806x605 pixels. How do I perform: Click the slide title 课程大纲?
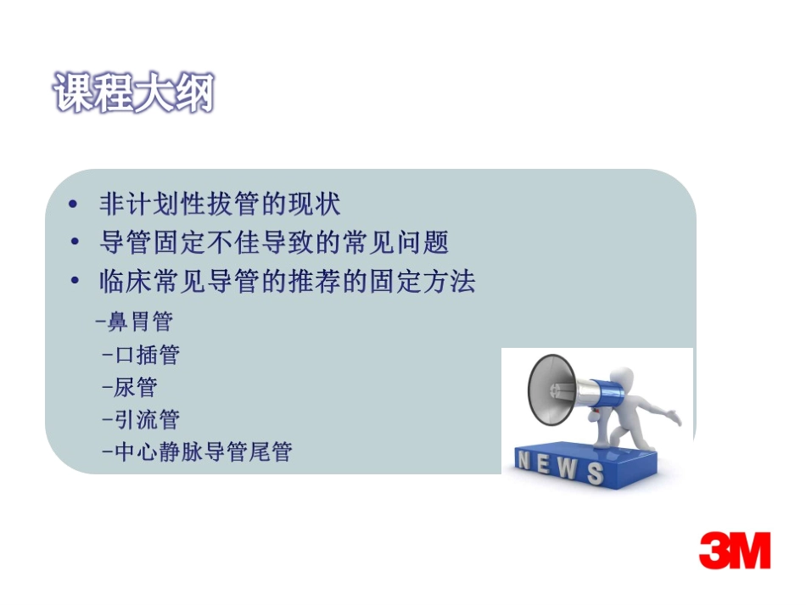point(134,92)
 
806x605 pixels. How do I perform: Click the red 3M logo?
point(735,551)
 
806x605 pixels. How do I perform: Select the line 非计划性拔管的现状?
point(220,204)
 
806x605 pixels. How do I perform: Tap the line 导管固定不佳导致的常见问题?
point(273,243)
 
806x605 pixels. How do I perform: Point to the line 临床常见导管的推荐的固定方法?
point(287,281)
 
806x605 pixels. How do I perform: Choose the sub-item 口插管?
point(141,355)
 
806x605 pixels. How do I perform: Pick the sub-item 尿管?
point(130,387)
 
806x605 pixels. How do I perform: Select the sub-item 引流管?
point(141,419)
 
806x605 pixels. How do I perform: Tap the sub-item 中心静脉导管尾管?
point(196,451)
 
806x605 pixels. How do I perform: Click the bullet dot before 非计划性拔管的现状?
point(75,205)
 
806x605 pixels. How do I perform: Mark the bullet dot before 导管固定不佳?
point(75,244)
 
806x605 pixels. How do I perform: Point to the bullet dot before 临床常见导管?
point(75,282)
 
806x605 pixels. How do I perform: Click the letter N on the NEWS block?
point(524,462)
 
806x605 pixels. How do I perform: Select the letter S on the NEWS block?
point(595,473)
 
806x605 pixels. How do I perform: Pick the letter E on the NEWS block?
point(545,465)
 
